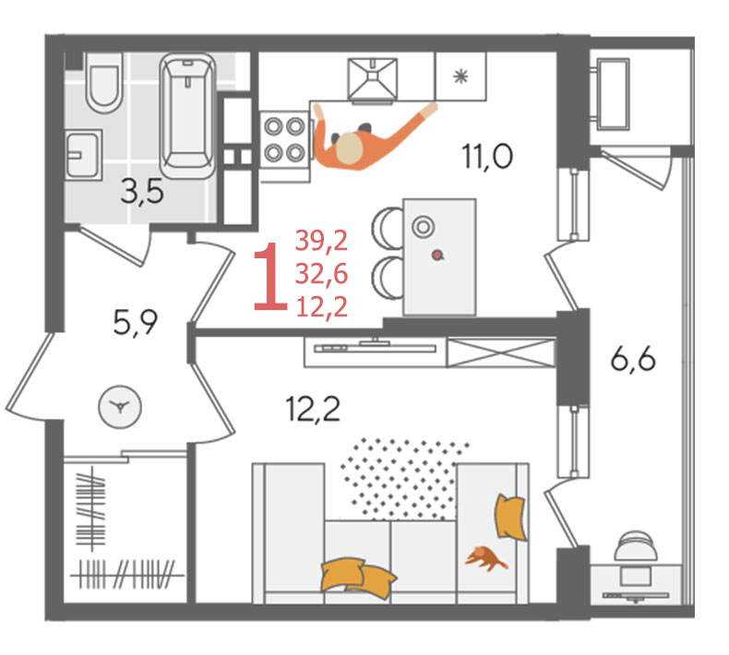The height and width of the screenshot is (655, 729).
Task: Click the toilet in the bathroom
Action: pos(104,83)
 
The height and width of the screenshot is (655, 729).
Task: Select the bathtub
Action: pos(188,115)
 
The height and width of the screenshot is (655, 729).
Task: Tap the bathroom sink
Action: pos(83,155)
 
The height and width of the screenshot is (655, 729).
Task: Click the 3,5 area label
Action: pos(142,192)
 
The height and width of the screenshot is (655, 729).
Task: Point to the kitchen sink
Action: pos(373,78)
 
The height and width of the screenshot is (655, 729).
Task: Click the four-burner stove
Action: pos(284,139)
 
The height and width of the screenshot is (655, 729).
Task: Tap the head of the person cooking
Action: pos(349,149)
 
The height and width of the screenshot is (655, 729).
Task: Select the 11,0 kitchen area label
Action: pos(487,157)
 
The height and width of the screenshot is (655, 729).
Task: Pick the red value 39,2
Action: pos(321,241)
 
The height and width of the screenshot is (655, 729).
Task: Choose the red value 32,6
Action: pos(321,273)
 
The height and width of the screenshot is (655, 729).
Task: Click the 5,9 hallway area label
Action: pos(136,323)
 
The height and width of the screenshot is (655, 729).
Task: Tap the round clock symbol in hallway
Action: pos(120,407)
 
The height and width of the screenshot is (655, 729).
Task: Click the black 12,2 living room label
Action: pos(313,409)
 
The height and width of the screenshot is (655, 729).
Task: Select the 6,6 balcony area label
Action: pos(633,360)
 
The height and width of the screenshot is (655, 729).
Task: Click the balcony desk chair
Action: pos(636,547)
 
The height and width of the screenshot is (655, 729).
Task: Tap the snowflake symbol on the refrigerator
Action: pos(460,77)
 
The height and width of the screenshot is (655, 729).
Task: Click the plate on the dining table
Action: pos(423,227)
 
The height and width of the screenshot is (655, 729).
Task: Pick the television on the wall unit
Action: pos(375,347)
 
